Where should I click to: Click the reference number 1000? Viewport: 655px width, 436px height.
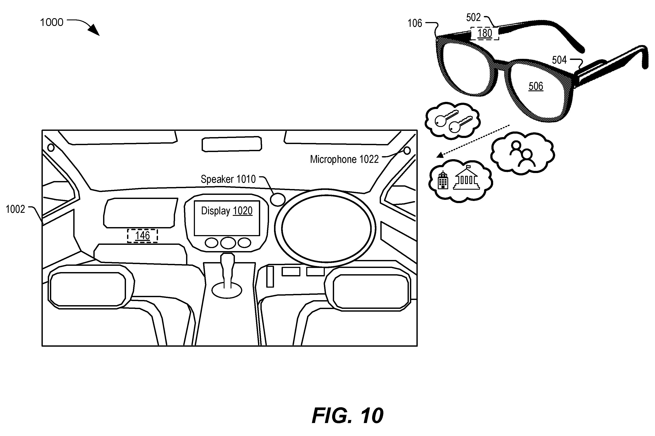coord(52,22)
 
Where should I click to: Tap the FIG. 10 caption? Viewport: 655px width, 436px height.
coord(347,415)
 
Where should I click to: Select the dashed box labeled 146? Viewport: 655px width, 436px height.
coord(142,236)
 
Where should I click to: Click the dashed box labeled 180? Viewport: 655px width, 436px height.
coord(485,33)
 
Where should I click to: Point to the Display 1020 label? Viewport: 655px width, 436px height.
coord(227,211)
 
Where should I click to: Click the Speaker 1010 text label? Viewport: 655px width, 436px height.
coord(228,179)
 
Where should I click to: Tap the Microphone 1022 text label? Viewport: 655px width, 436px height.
coord(344,159)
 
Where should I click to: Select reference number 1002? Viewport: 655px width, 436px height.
coord(15,209)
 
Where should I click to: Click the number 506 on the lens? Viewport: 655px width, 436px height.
coord(535,86)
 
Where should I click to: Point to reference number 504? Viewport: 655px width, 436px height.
coord(559,60)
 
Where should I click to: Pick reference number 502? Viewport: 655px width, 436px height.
coord(473,18)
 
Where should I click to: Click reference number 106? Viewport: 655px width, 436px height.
coord(414,23)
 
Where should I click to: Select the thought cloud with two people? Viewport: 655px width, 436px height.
coord(523,154)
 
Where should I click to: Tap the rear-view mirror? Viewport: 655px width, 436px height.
coord(232,144)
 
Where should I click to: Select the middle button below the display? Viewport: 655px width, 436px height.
coord(228,243)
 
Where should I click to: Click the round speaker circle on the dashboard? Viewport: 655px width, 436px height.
coord(277,199)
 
